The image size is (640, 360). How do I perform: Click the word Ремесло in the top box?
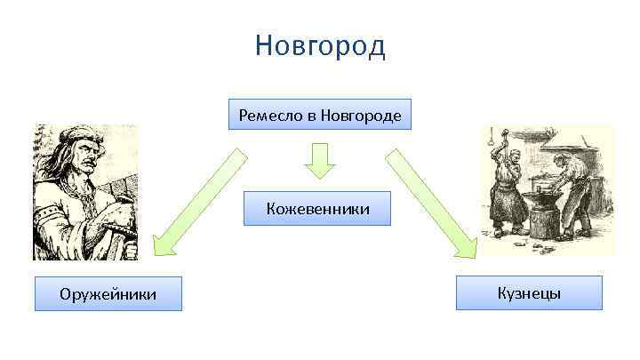pyautogui.click(x=266, y=116)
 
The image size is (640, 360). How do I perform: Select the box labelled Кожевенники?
pyautogui.click(x=317, y=210)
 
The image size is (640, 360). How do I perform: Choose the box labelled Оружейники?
pyautogui.click(x=108, y=293)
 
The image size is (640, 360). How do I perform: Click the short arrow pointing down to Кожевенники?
pyautogui.click(x=318, y=161)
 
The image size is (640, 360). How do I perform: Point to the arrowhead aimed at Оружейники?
pyautogui.click(x=164, y=244)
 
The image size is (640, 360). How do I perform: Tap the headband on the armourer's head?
pyautogui.click(x=80, y=138)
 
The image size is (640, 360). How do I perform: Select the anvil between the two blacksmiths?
pyautogui.click(x=540, y=194)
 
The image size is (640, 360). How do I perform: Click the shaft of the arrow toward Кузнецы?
pyautogui.click(x=418, y=190)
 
